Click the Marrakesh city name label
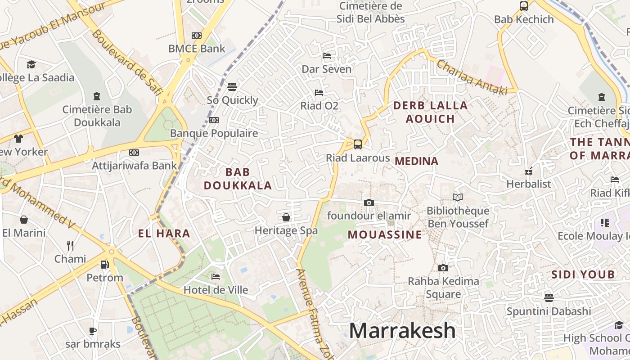pyautogui.click(x=402, y=331)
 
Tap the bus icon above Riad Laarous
pyautogui.click(x=358, y=144)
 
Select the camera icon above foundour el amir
pyautogui.click(x=369, y=202)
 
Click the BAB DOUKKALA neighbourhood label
pyautogui.click(x=238, y=179)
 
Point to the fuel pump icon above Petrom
pyautogui.click(x=104, y=265)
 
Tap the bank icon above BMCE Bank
pyautogui.click(x=197, y=36)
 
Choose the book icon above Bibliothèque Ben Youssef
pyautogui.click(x=458, y=197)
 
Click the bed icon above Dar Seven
pyautogui.click(x=327, y=56)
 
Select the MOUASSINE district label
pyautogui.click(x=385, y=234)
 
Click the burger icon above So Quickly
pyautogui.click(x=232, y=86)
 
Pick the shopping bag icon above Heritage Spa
pyautogui.click(x=286, y=218)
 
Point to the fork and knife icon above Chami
pyautogui.click(x=70, y=245)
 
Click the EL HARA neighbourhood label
pyautogui.click(x=164, y=234)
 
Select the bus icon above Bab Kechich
pyautogui.click(x=524, y=6)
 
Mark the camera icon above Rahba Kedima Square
pyautogui.click(x=443, y=268)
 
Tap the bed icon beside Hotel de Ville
pyautogui.click(x=216, y=276)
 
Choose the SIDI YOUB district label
pyautogui.click(x=583, y=274)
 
